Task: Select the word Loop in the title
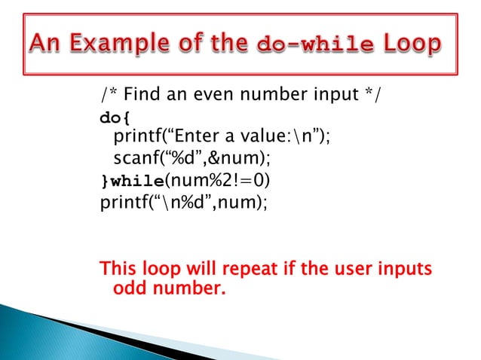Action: (413, 46)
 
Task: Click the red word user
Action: (345, 269)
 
